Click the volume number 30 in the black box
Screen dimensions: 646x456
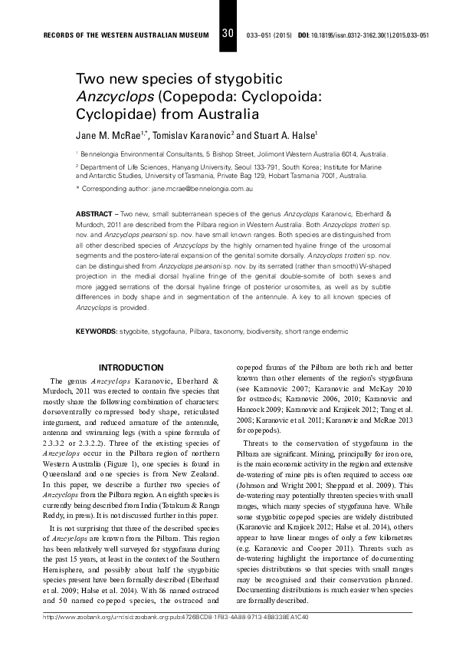click(227, 34)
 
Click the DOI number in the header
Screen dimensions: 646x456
click(369, 35)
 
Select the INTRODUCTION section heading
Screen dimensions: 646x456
click(131, 368)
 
